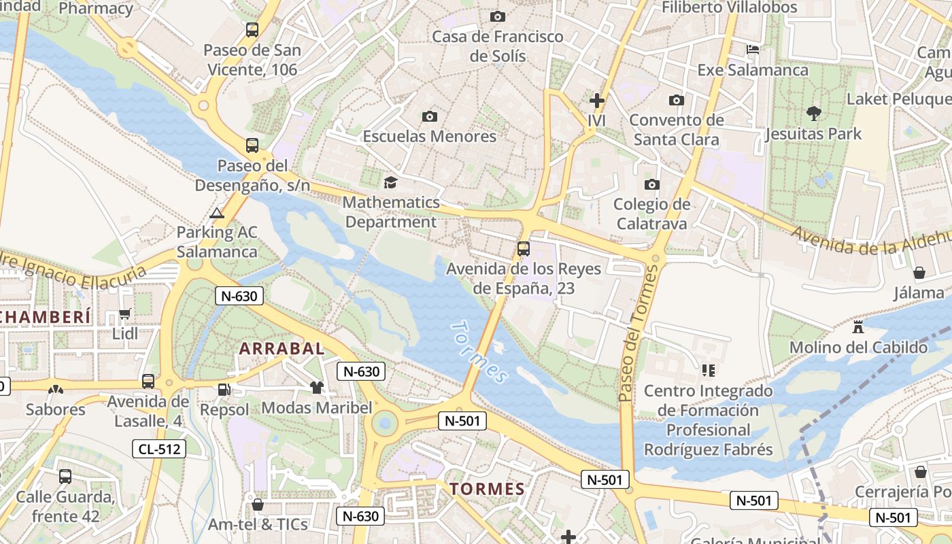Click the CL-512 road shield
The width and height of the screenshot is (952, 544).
pyautogui.click(x=158, y=448)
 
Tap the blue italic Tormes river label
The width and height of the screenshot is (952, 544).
pyautogui.click(x=479, y=352)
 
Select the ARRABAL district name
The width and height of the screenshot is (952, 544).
pyautogui.click(x=282, y=348)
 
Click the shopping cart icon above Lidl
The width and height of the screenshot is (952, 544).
pyautogui.click(x=124, y=314)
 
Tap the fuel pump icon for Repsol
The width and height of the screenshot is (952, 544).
pyautogui.click(x=224, y=390)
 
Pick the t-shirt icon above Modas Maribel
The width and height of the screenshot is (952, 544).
pyautogui.click(x=316, y=388)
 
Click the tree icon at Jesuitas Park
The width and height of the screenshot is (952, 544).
pyautogui.click(x=813, y=113)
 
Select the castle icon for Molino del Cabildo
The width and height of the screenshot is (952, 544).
pyautogui.click(x=858, y=327)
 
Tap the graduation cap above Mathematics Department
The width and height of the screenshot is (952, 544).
pyautogui.click(x=390, y=182)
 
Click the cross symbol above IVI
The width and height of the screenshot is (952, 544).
pyautogui.click(x=596, y=101)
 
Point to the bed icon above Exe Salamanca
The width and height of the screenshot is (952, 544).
pyautogui.click(x=753, y=50)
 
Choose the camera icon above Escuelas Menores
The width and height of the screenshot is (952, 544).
pyautogui.click(x=429, y=116)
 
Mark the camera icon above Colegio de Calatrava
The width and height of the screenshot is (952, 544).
pyautogui.click(x=651, y=184)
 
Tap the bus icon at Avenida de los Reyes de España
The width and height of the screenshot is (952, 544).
pyautogui.click(x=523, y=249)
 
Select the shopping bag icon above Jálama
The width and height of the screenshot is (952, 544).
pyautogui.click(x=919, y=273)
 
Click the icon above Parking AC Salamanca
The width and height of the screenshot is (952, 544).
pyautogui.click(x=217, y=213)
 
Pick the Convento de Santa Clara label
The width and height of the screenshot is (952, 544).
pyautogui.click(x=676, y=130)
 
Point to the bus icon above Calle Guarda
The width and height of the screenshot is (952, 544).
pyautogui.click(x=65, y=477)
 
